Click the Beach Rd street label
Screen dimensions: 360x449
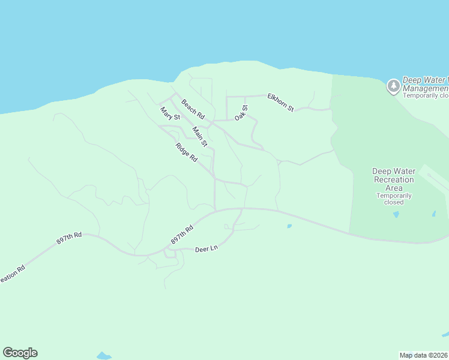coord(193,108)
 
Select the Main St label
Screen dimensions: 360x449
coord(200,136)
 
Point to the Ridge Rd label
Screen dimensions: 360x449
coord(187,153)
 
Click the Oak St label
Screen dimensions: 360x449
coord(241,112)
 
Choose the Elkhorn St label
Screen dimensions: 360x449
coord(281,102)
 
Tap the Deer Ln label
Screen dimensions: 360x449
coord(206,248)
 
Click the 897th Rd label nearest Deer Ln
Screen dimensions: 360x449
coord(182,235)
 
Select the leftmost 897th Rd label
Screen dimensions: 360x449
coord(68,239)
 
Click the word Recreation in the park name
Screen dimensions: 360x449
coord(394,179)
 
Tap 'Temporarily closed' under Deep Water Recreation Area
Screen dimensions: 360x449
coord(394,199)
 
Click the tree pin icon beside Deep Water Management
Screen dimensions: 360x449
coord(393,86)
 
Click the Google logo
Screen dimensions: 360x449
coord(20,353)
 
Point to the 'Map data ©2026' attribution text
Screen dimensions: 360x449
coord(424,355)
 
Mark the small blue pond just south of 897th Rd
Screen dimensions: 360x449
coord(289,226)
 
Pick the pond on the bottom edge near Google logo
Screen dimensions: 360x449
coord(103,356)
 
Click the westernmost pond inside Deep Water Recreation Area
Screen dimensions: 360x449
coord(396,214)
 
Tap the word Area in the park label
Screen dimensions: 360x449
coord(394,188)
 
